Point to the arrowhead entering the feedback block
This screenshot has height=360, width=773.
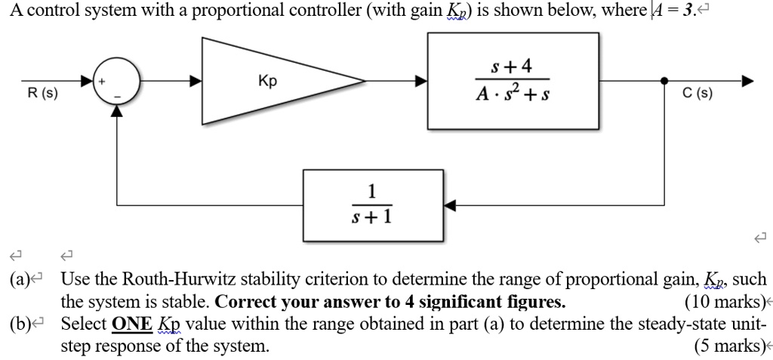[x=450, y=204]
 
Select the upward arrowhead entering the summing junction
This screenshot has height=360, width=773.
[x=115, y=111]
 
